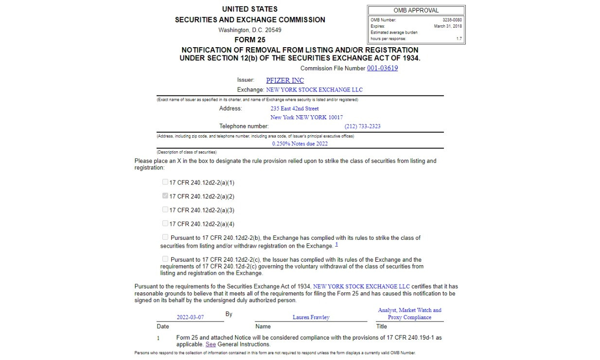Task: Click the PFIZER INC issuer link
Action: pyautogui.click(x=285, y=80)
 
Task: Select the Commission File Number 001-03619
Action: pyautogui.click(x=382, y=68)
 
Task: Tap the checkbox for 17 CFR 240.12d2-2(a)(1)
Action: pyautogui.click(x=165, y=182)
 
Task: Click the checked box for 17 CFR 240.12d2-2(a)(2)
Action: pyautogui.click(x=165, y=196)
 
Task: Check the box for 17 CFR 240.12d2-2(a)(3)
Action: pyautogui.click(x=165, y=210)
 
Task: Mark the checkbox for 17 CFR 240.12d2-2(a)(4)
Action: pyautogui.click(x=165, y=223)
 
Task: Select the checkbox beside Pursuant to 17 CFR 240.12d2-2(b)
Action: pyautogui.click(x=165, y=237)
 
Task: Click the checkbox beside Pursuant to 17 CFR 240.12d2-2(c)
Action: pyautogui.click(x=165, y=259)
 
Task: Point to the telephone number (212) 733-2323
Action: pyautogui.click(x=362, y=126)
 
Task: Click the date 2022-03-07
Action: pyautogui.click(x=190, y=317)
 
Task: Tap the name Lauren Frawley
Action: pyautogui.click(x=311, y=317)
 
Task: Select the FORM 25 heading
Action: pyautogui.click(x=250, y=40)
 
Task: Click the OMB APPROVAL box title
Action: pyautogui.click(x=416, y=10)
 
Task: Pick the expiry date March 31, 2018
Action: pyautogui.click(x=448, y=26)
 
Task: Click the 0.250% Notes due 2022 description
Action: pyautogui.click(x=300, y=144)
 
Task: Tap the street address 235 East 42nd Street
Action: pyautogui.click(x=295, y=108)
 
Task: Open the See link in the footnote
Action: pyautogui.click(x=211, y=344)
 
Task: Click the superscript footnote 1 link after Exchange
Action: pyautogui.click(x=336, y=244)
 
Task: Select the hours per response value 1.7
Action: pyautogui.click(x=459, y=39)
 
